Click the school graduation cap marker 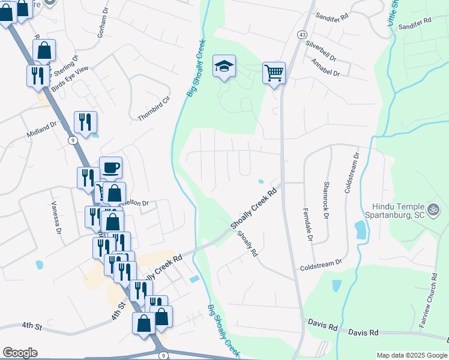click(x=224, y=67)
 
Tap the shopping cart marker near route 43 click(x=274, y=73)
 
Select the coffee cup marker click(x=110, y=168)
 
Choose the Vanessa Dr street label click(x=57, y=217)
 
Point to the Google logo click(x=20, y=353)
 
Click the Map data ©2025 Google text click(x=411, y=355)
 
